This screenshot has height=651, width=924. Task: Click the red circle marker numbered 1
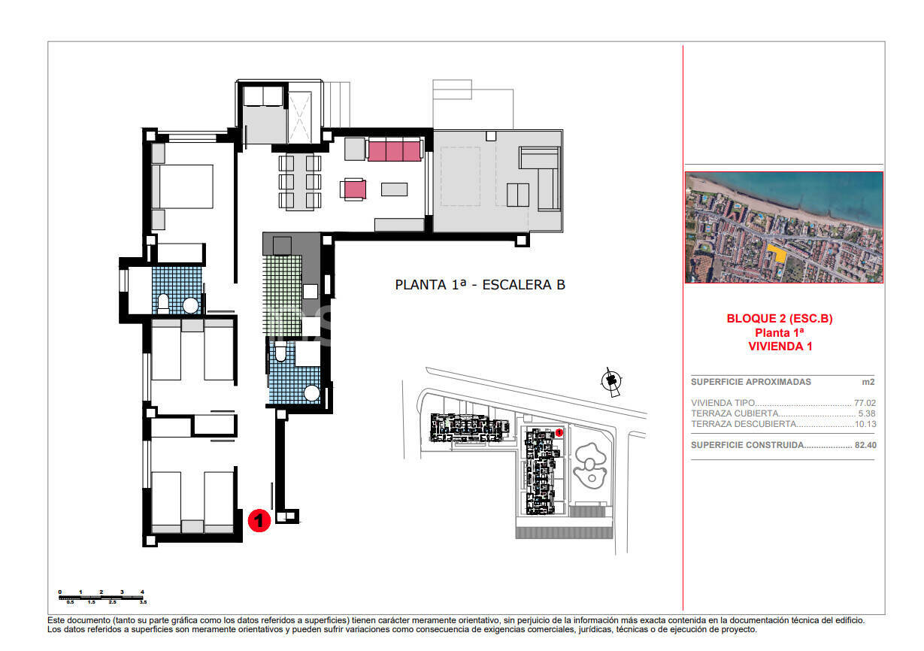click(259, 519)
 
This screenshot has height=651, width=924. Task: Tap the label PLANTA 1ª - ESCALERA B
click(480, 285)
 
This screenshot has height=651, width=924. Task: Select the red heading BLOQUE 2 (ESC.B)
click(780, 319)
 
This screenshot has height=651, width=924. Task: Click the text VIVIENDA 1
click(780, 347)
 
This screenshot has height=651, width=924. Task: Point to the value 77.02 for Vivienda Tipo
click(865, 403)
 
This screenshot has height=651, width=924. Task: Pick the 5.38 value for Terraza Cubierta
click(867, 413)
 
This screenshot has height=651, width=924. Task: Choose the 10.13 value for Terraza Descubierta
click(865, 424)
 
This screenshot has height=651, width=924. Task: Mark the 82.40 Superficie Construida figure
click(865, 445)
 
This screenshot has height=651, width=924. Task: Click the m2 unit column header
click(868, 382)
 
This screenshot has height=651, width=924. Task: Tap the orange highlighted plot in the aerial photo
click(779, 253)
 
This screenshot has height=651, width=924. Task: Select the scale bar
click(101, 598)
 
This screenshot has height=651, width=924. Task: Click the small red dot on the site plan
click(559, 432)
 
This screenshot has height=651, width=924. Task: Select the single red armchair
click(354, 189)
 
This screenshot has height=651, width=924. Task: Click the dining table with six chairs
click(300, 181)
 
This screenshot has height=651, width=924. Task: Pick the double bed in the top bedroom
click(183, 186)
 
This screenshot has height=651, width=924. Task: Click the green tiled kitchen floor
click(282, 293)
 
